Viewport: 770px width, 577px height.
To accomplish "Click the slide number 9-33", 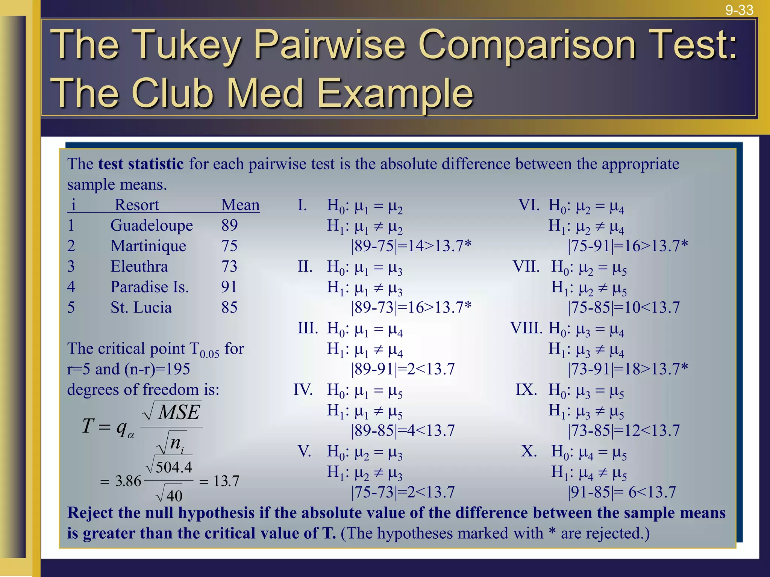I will point(739,10).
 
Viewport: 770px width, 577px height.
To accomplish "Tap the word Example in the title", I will point(395,93).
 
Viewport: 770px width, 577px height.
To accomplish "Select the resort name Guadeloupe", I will point(152,225).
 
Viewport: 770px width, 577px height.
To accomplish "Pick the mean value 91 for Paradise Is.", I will point(229,287).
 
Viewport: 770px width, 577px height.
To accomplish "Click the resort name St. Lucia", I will point(141,308).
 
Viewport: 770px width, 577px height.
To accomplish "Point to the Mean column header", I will point(240,205).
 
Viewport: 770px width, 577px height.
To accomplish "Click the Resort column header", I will point(137,205).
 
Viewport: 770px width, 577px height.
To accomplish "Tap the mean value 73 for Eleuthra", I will point(229,267).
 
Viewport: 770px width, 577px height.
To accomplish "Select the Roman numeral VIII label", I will point(526,328).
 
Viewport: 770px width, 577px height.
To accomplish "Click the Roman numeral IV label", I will point(303,390).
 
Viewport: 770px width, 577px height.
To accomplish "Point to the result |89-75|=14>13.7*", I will point(411,246).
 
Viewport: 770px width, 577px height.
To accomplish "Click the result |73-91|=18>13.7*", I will point(628,369).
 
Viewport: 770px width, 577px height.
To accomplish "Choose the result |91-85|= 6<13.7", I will point(621,492).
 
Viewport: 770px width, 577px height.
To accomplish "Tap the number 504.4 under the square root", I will point(174,468).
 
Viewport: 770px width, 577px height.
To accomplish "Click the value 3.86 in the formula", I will point(128,481).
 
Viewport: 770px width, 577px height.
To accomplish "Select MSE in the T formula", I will point(179,413).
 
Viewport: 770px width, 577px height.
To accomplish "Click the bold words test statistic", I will point(141,164).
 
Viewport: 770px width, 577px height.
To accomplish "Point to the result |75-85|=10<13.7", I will point(623,308).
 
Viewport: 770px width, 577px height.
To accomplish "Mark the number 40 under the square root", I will point(174,496).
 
